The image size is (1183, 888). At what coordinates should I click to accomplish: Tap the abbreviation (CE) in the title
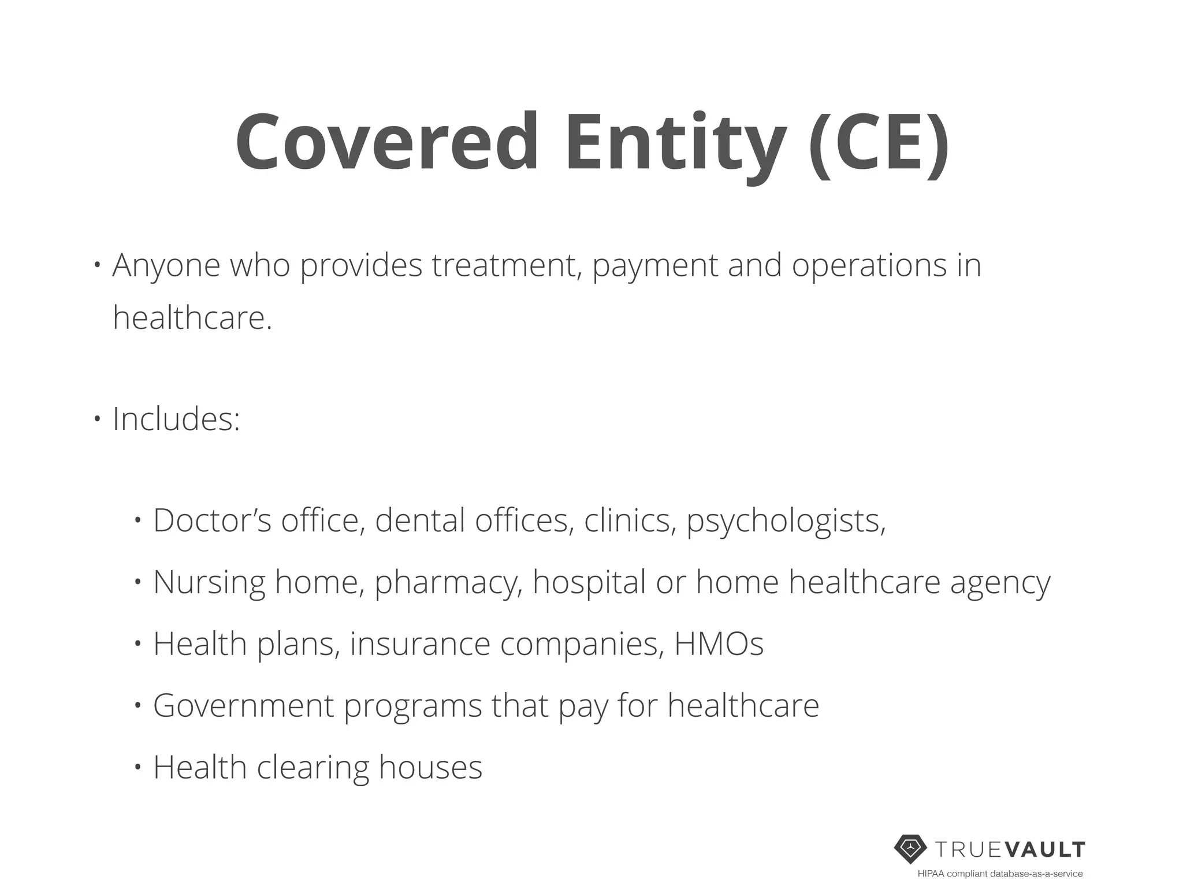click(x=878, y=143)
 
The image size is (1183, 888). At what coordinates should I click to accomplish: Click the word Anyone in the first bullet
click(x=166, y=265)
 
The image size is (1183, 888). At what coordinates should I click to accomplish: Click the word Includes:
click(x=176, y=419)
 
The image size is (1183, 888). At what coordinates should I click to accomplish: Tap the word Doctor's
click(x=212, y=520)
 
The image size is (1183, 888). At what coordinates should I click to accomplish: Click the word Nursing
click(x=209, y=582)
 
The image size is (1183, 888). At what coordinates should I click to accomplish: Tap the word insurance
click(x=420, y=643)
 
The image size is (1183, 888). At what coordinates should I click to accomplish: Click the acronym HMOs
click(x=719, y=643)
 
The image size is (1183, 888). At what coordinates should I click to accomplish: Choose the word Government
click(x=244, y=705)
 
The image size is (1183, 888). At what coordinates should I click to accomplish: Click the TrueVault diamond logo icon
click(x=910, y=849)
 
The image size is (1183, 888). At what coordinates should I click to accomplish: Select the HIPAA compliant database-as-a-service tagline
click(x=1000, y=874)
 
